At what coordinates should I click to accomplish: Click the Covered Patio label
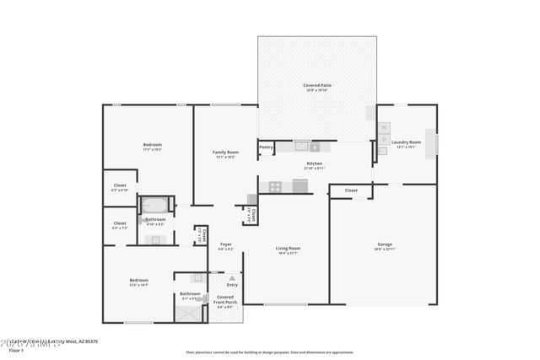[316, 86]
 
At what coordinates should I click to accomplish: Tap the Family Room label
[225, 153]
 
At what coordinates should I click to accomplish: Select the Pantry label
[266, 147]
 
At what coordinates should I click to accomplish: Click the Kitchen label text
[314, 164]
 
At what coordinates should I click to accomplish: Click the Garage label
[384, 245]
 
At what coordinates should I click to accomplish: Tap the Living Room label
[289, 248]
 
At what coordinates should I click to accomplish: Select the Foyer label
[225, 245]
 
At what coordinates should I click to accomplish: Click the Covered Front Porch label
[225, 299]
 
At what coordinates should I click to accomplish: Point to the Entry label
[232, 284]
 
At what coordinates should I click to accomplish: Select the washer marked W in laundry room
[384, 127]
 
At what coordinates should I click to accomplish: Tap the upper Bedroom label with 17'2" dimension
[152, 146]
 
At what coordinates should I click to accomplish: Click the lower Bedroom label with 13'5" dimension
[138, 282]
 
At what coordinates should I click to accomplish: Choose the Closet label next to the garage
[351, 191]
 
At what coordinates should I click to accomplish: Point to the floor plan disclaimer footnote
[270, 352]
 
